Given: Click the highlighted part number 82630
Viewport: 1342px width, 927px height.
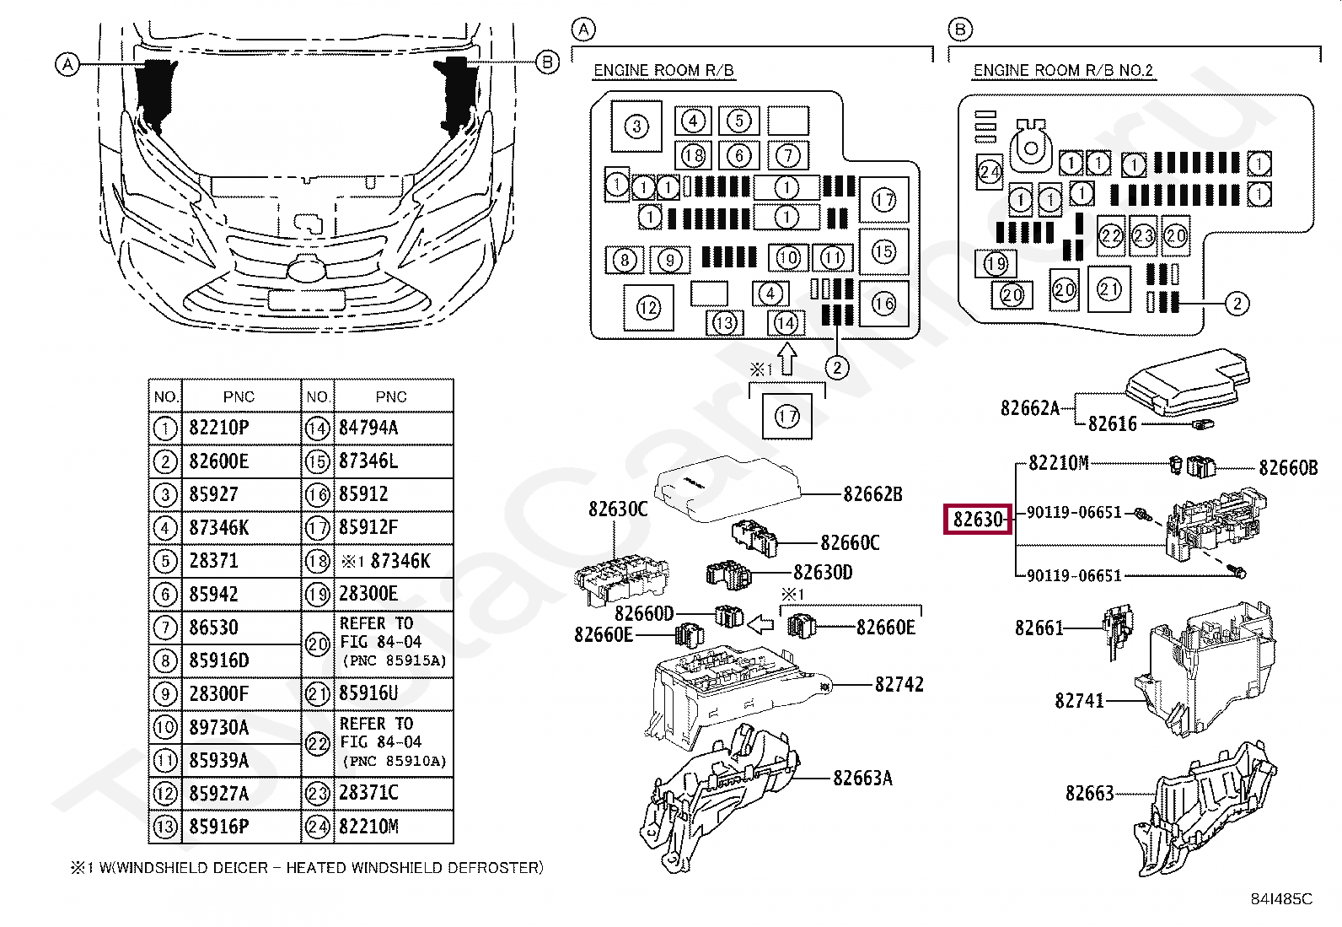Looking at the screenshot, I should click(978, 519).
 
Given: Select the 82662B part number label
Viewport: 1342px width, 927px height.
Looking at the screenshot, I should click(872, 494).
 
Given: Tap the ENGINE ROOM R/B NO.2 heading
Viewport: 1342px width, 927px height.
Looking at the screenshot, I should click(1063, 71).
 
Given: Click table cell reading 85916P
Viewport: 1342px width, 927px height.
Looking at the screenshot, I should click(219, 827).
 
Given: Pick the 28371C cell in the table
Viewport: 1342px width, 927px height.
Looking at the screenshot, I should click(368, 793).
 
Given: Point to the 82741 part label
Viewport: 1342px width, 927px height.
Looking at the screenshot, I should click(1079, 701).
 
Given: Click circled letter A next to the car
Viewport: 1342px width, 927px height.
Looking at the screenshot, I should click(67, 64).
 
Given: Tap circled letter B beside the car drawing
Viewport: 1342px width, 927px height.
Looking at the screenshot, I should click(548, 62).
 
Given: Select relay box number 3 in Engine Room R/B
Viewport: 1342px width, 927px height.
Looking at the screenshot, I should click(636, 127).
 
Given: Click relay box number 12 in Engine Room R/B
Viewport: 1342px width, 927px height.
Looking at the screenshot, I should click(648, 308).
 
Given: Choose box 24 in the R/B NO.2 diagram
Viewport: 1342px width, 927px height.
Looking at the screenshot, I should click(989, 173).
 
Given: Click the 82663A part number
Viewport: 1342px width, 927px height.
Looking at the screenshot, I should click(862, 779).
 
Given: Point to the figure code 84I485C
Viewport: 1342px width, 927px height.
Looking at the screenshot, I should click(1281, 899).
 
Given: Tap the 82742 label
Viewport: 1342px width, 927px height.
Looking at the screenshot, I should click(899, 685).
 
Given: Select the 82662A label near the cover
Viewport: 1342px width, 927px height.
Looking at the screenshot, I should click(1029, 408).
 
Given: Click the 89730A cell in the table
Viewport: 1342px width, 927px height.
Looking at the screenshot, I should click(218, 727).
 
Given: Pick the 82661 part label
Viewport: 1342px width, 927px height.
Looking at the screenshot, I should click(1039, 628).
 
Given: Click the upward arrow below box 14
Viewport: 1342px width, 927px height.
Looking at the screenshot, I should click(786, 358).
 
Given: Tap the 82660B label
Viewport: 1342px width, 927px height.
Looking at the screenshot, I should click(1287, 468).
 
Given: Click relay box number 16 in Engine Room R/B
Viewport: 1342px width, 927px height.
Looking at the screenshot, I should click(883, 304).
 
